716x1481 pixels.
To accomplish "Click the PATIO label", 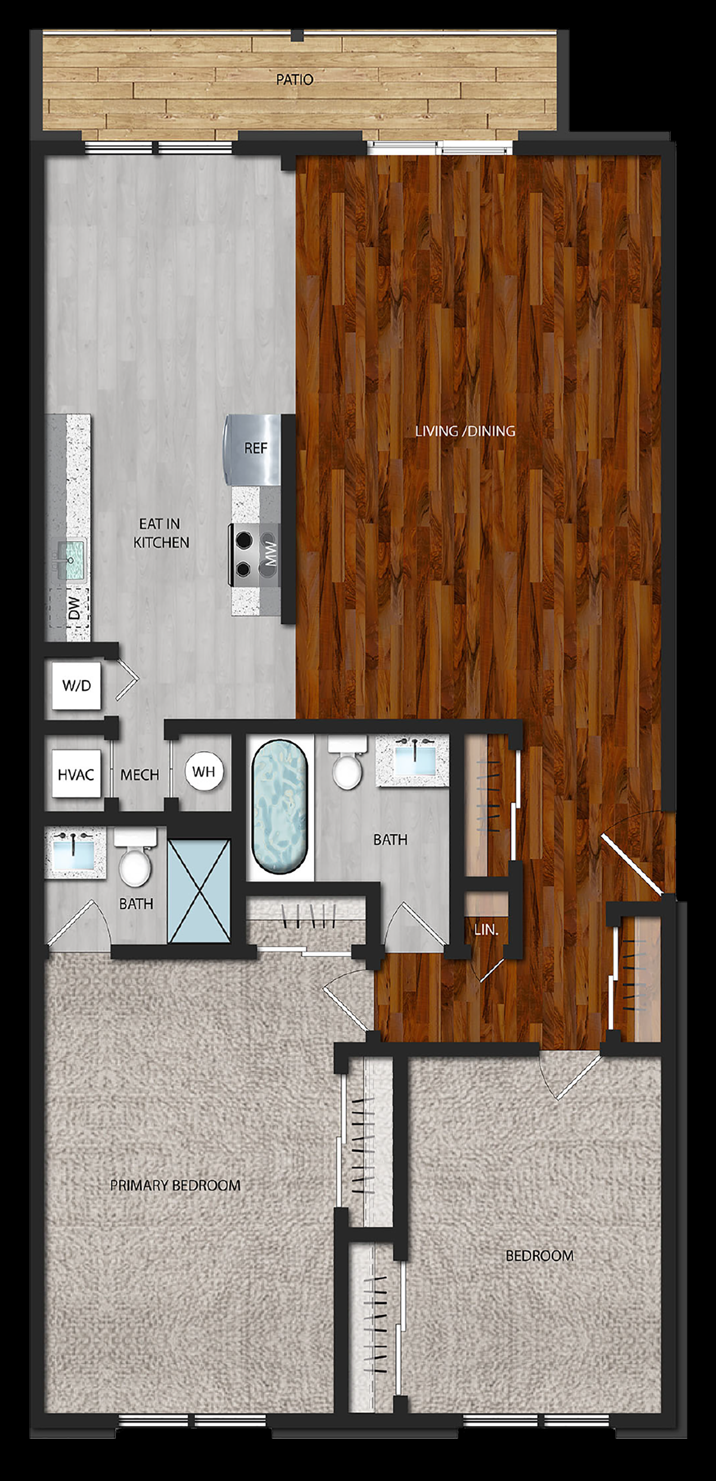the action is tap(294, 79).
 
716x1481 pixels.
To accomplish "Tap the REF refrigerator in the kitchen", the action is tap(252, 450).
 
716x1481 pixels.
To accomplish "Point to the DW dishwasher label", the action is tap(74, 608).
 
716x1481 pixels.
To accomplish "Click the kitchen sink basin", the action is tap(72, 559).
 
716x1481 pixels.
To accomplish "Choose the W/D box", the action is tap(76, 685).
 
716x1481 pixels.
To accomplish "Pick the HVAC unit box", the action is tap(76, 774).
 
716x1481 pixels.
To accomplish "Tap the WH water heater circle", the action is tap(203, 771).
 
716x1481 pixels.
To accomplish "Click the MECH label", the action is tap(140, 775).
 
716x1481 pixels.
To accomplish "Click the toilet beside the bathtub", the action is tap(347, 763).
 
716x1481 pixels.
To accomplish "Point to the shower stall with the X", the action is tap(199, 891).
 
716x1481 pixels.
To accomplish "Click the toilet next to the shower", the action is tap(135, 858).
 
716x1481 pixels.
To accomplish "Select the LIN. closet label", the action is tap(486, 929).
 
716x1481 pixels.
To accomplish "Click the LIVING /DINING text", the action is tap(465, 431).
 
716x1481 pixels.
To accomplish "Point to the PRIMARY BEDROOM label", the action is tap(175, 1185).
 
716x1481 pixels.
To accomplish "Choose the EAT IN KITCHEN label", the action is tap(161, 533).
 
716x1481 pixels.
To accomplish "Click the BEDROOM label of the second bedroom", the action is tap(539, 1256).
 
